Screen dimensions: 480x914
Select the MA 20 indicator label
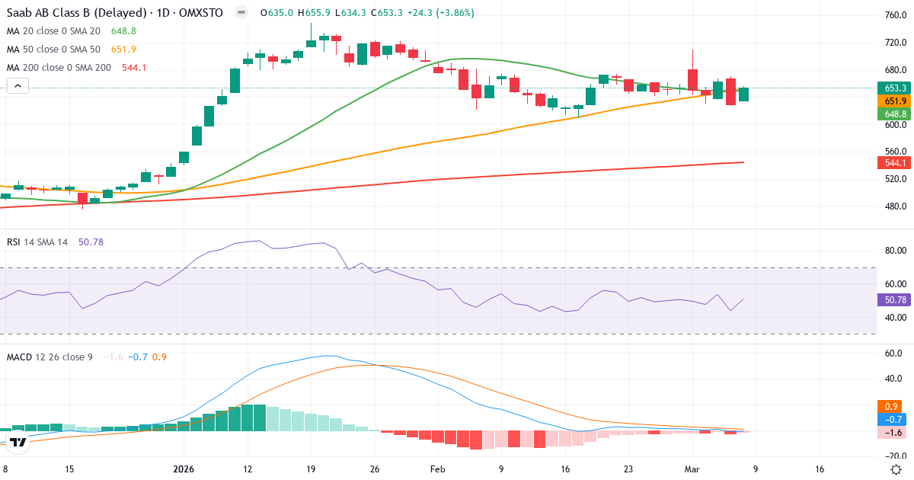(x=53, y=31)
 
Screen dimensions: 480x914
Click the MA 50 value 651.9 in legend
(x=123, y=50)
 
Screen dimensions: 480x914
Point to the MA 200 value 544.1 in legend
(x=134, y=68)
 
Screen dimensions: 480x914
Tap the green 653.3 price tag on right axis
(x=894, y=88)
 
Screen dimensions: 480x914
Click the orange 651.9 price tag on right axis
(x=894, y=101)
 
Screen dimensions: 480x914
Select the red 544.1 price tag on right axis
(x=894, y=163)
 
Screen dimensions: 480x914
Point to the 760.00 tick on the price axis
(x=894, y=15)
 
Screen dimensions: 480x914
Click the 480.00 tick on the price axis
(x=894, y=206)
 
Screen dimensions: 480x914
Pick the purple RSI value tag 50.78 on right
(x=894, y=300)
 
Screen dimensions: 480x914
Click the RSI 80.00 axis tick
(x=894, y=251)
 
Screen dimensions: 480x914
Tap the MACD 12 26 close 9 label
(x=50, y=357)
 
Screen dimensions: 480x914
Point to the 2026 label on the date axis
(x=184, y=469)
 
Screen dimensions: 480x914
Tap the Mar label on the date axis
(x=692, y=469)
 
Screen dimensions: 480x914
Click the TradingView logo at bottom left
(x=18, y=442)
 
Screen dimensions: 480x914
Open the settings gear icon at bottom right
(x=896, y=469)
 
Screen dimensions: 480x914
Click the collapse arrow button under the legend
(x=18, y=87)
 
